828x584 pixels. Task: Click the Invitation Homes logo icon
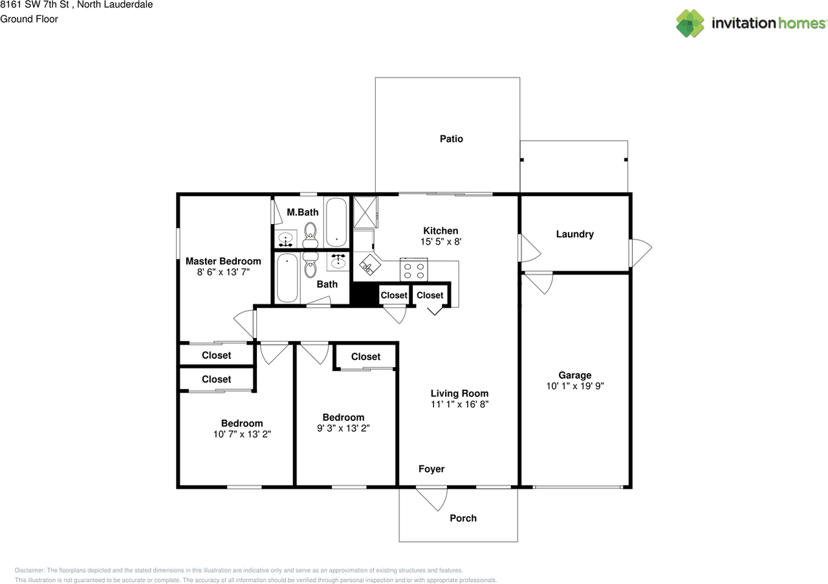(x=690, y=23)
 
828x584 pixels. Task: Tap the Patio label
(x=452, y=139)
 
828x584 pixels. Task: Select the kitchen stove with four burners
(x=415, y=269)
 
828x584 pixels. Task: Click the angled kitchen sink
(x=369, y=264)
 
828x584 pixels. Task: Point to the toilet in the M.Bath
(x=310, y=233)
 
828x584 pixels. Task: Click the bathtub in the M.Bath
(x=336, y=222)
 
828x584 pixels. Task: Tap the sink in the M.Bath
(x=285, y=240)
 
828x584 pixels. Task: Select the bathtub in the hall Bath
(x=287, y=278)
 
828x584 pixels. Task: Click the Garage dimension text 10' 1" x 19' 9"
(x=575, y=386)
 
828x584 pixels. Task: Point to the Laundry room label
(x=574, y=234)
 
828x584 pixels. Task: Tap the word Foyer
(x=431, y=469)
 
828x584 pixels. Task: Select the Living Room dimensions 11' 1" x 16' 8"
(x=460, y=404)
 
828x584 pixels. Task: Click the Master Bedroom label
(x=223, y=261)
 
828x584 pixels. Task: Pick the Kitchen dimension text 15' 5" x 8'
(x=441, y=241)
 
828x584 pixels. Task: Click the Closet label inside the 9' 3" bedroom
(x=365, y=357)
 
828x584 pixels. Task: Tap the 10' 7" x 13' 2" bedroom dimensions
(x=242, y=434)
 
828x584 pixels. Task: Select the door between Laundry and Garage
(x=538, y=282)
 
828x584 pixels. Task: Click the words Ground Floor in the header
(x=29, y=19)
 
